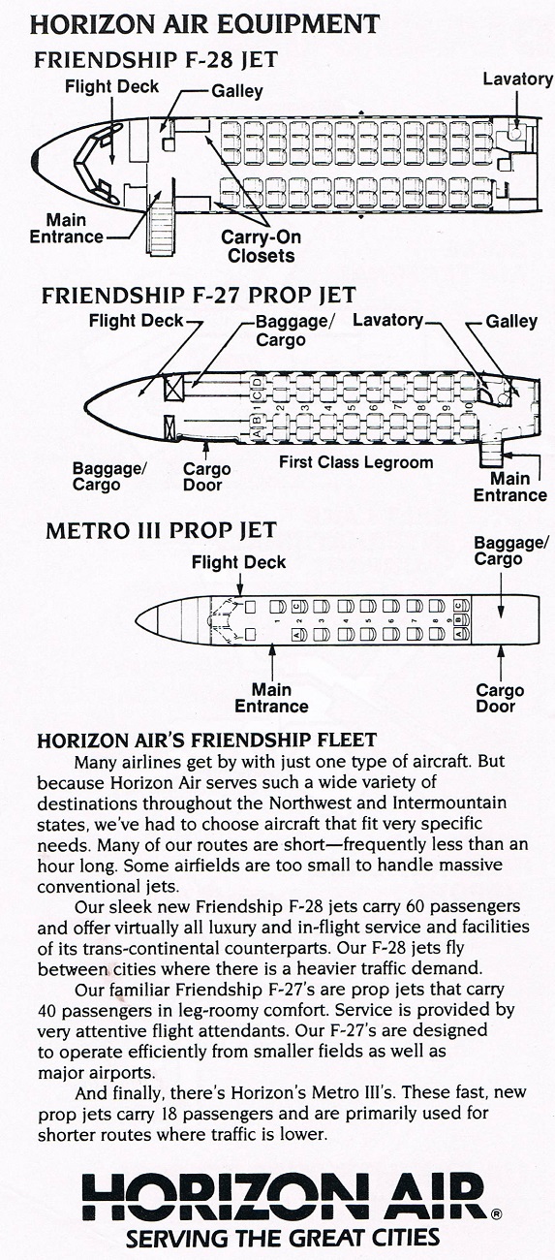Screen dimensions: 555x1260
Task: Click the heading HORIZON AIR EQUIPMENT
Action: pyautogui.click(x=204, y=24)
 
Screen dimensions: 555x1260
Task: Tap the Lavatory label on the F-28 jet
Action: pyautogui.click(x=518, y=79)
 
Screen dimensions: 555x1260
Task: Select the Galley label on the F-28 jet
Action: pyautogui.click(x=236, y=91)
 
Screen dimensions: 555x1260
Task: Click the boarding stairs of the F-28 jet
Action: pyautogui.click(x=162, y=232)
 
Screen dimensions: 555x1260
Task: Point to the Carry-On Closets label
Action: pyautogui.click(x=261, y=246)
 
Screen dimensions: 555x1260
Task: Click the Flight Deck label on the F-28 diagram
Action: pyautogui.click(x=112, y=86)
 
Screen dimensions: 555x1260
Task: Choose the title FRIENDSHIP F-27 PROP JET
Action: pyautogui.click(x=200, y=296)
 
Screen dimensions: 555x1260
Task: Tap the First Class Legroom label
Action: pyautogui.click(x=356, y=462)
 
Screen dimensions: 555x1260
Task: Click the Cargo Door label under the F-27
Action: pyautogui.click(x=207, y=477)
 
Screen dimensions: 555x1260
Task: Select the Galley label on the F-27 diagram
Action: pyautogui.click(x=511, y=321)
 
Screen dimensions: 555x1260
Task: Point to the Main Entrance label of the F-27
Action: pyautogui.click(x=510, y=488)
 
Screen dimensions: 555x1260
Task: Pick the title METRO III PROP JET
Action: pyautogui.click(x=162, y=530)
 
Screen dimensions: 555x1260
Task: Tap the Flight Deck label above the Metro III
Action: pyautogui.click(x=238, y=562)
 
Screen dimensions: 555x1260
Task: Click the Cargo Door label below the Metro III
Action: pyautogui.click(x=500, y=698)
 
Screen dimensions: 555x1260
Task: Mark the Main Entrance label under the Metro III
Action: pyautogui.click(x=271, y=698)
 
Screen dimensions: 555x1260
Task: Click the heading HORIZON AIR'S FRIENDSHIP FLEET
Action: pyautogui.click(x=207, y=740)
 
